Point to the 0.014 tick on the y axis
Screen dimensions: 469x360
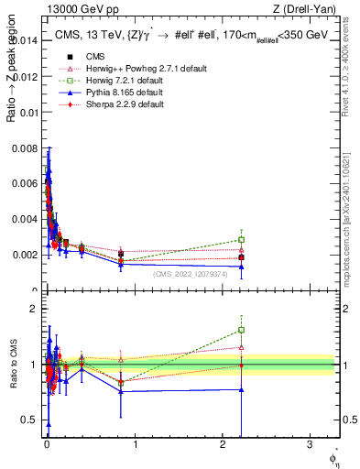(26, 40)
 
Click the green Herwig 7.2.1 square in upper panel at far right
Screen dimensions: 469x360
(242, 240)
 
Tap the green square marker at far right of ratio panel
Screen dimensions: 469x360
(242, 330)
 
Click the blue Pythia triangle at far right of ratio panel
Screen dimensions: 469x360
(242, 389)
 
